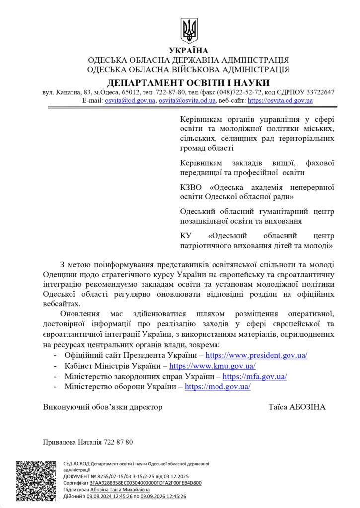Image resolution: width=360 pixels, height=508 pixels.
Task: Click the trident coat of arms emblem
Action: tap(189, 31)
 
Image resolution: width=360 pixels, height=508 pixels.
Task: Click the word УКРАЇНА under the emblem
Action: tap(188, 50)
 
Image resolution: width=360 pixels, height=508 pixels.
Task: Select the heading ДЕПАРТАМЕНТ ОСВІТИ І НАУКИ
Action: tap(188, 82)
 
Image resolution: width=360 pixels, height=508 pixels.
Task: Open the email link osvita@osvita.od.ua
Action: tap(187, 100)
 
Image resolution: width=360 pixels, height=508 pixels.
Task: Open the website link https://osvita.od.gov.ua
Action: tap(280, 100)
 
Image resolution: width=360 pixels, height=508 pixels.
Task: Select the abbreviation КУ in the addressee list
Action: tap(186, 235)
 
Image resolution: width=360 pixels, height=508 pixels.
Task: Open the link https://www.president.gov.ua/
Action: tap(256, 355)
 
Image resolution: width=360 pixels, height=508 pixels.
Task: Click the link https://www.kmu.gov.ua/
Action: tap(213, 366)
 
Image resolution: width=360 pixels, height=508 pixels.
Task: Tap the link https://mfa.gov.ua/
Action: tap(255, 376)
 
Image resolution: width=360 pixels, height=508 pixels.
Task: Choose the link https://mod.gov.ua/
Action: tap(217, 386)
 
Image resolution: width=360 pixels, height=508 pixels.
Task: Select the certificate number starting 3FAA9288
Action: tap(146, 482)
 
